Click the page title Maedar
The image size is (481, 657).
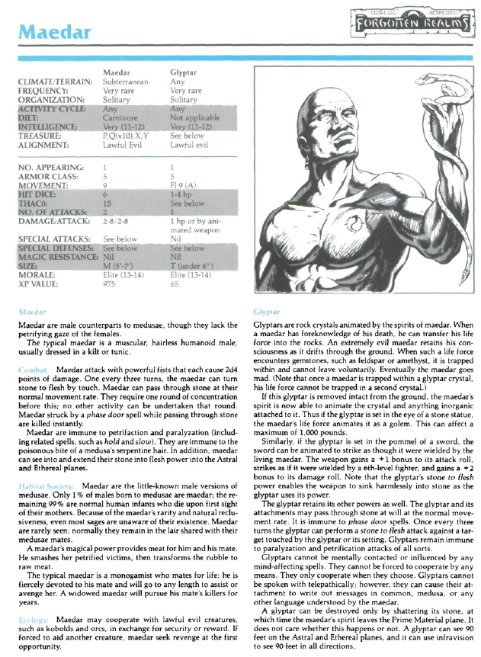click(54, 32)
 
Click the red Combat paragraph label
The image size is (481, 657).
click(34, 368)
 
